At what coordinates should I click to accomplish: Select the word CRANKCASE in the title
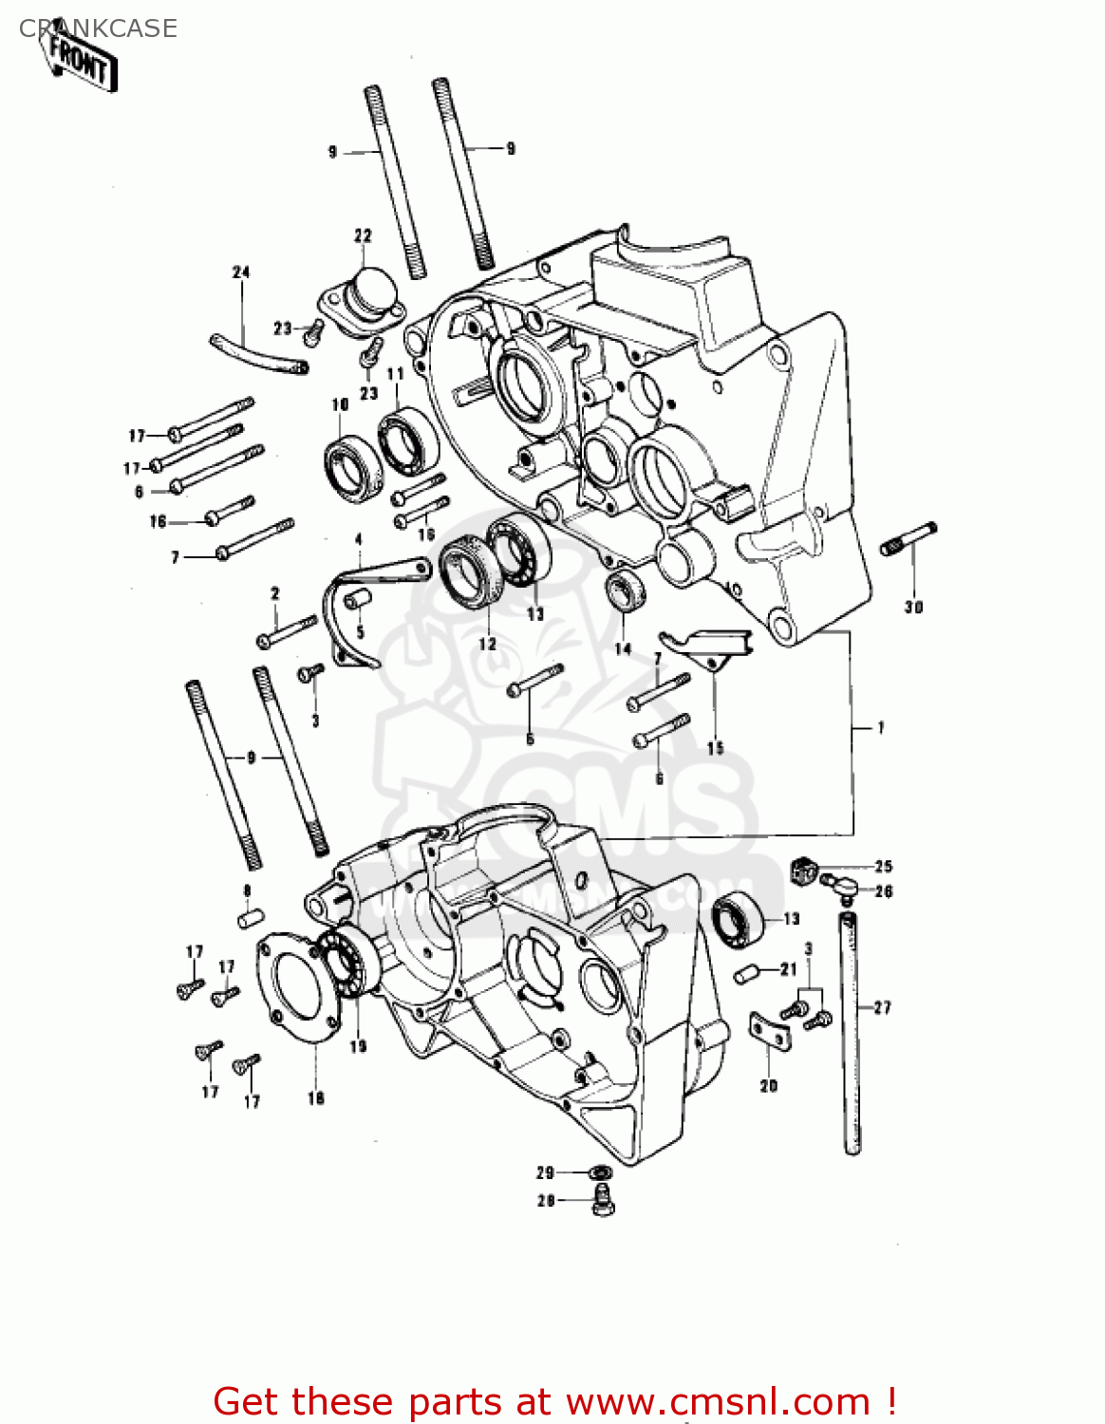click(x=98, y=28)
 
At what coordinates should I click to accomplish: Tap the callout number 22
click(x=363, y=235)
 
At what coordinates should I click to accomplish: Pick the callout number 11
click(x=395, y=373)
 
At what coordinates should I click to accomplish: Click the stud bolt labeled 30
click(x=908, y=538)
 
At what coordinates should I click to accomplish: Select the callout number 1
click(x=880, y=728)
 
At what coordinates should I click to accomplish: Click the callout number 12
click(x=487, y=644)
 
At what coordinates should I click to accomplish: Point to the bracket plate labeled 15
click(x=707, y=646)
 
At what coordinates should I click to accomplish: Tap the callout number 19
click(x=358, y=1046)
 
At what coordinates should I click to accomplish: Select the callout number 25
click(x=883, y=866)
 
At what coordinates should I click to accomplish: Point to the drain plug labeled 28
click(x=602, y=1203)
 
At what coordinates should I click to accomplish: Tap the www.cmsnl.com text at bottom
click(x=719, y=1401)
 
